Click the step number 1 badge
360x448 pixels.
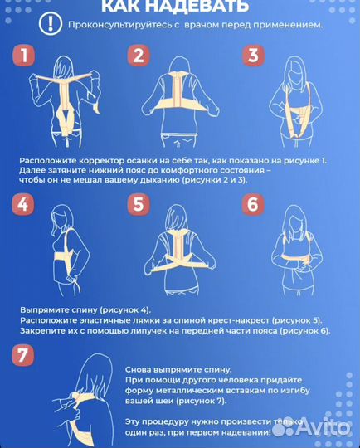coord(25,56)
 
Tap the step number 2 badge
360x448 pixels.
coord(138,56)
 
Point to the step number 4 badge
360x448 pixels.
coord(25,205)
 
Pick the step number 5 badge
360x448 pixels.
coord(138,205)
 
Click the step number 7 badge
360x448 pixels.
coord(25,357)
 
